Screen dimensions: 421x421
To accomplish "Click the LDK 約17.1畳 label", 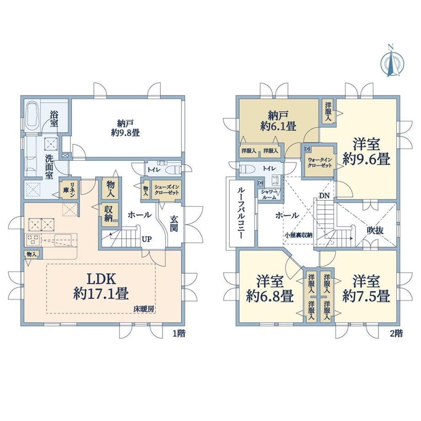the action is [x=101, y=286].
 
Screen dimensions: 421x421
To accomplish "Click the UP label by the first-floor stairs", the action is [x=146, y=239].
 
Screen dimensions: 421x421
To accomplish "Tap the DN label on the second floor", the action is [x=324, y=195].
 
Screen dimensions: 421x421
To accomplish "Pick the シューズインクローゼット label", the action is [x=167, y=189].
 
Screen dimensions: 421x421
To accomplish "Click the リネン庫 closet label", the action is [x=69, y=189].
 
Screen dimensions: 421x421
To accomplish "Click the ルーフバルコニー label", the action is [x=241, y=213].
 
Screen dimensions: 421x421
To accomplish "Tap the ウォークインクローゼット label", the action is [x=320, y=162].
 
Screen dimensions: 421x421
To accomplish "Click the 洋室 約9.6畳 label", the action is [x=366, y=152].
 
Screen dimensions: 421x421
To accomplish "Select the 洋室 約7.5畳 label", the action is [x=366, y=289].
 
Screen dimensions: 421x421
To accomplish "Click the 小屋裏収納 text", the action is [x=298, y=235].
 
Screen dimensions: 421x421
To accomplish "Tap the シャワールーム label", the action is [x=269, y=194].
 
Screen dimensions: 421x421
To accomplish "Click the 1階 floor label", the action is [x=179, y=334].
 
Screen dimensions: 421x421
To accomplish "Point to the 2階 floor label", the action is [x=396, y=334].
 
